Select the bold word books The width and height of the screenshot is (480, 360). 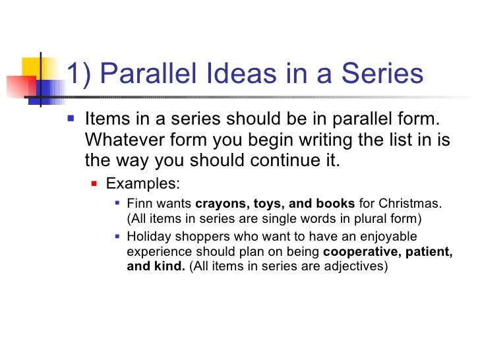pos(338,203)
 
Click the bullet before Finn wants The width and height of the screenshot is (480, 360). pos(117,204)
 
